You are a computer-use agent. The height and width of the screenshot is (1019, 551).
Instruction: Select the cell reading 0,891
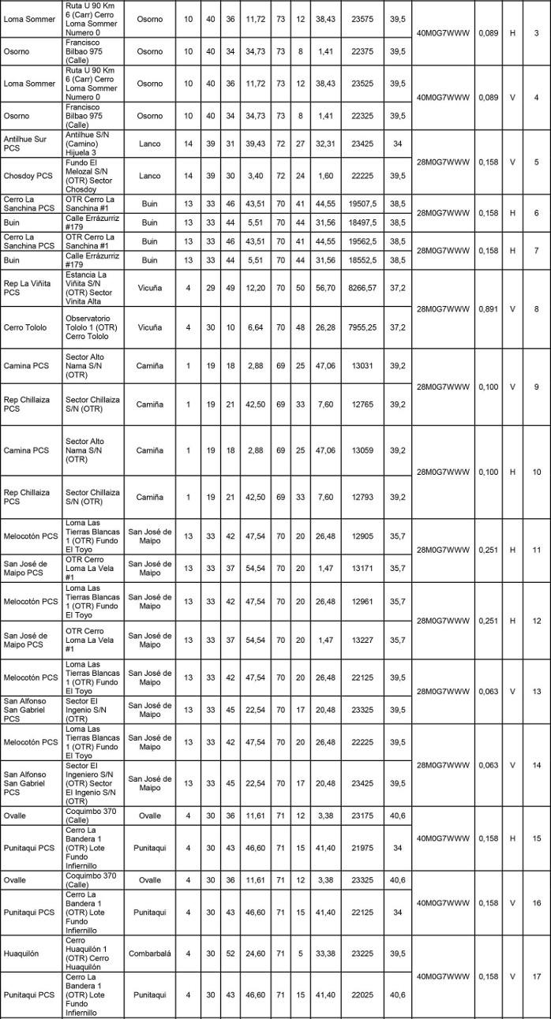pos(489,309)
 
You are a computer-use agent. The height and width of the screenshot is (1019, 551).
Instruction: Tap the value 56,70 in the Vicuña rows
pos(324,287)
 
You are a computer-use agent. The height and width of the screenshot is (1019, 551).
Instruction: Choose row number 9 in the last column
pos(536,386)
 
